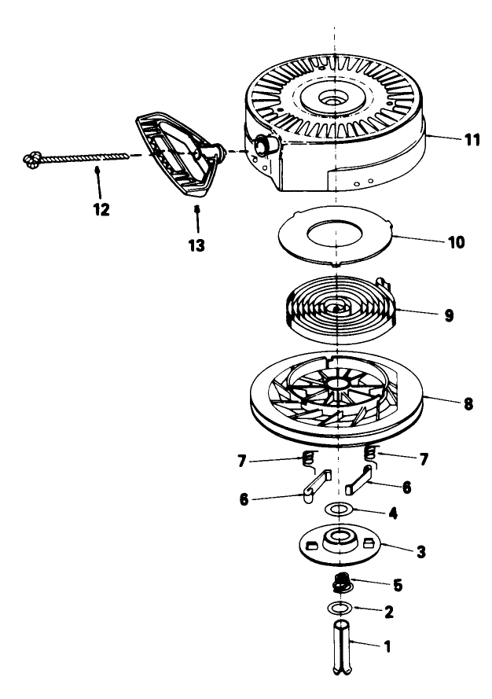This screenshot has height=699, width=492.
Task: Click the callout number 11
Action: click(472, 140)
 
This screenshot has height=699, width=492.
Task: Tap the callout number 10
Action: click(456, 242)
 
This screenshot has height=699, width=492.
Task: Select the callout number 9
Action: click(449, 315)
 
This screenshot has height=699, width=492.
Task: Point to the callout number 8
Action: click(468, 404)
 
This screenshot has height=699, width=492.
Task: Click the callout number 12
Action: click(101, 209)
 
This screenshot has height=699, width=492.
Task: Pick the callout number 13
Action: click(196, 245)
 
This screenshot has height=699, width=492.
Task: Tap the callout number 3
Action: click(421, 551)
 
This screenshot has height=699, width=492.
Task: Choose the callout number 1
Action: click(387, 646)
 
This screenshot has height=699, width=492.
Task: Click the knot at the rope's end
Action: click(32, 160)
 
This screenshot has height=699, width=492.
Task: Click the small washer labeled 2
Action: click(340, 607)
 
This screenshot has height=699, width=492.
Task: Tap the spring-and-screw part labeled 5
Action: click(343, 583)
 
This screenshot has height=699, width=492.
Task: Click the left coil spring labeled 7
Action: click(307, 458)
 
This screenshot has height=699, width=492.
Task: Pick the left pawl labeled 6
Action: click(317, 486)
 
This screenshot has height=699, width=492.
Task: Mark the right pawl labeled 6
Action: click(359, 479)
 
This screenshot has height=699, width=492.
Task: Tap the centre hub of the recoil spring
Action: click(335, 307)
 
